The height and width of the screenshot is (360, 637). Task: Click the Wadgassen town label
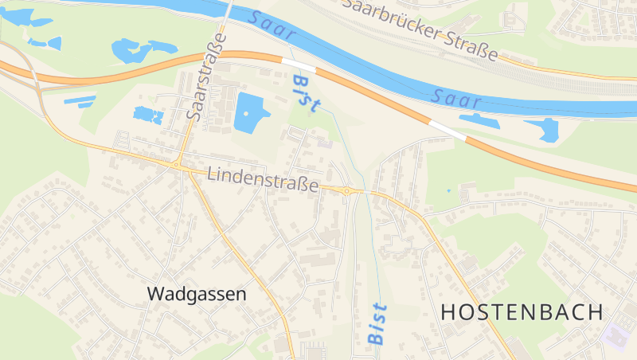(x=197, y=293)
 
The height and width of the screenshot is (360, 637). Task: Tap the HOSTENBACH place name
(x=522, y=312)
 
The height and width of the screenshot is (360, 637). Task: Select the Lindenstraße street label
(x=263, y=179)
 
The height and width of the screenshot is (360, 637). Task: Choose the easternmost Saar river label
(x=458, y=99)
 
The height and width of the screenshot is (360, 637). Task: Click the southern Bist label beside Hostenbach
(x=377, y=323)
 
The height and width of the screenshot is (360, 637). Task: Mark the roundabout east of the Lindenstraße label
(x=347, y=191)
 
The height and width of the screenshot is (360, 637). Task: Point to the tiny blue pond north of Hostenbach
(x=448, y=191)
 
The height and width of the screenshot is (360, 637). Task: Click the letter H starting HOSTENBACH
(x=447, y=312)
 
